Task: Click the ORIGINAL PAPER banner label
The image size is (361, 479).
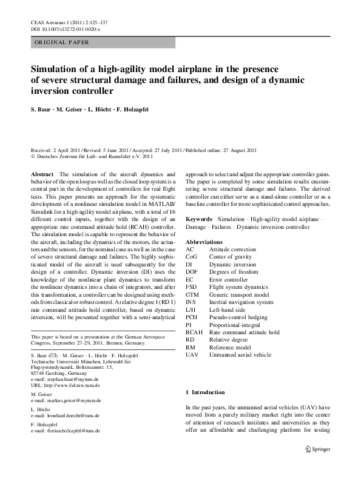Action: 61,42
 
